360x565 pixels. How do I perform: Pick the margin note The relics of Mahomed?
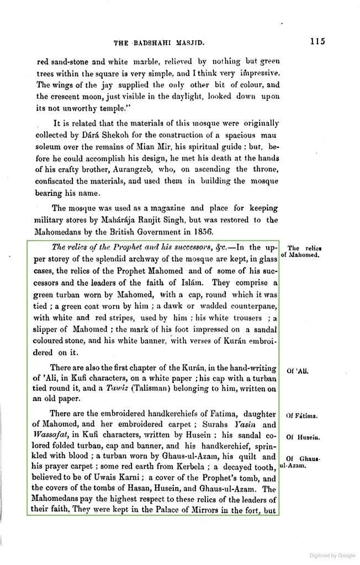click(301, 252)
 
